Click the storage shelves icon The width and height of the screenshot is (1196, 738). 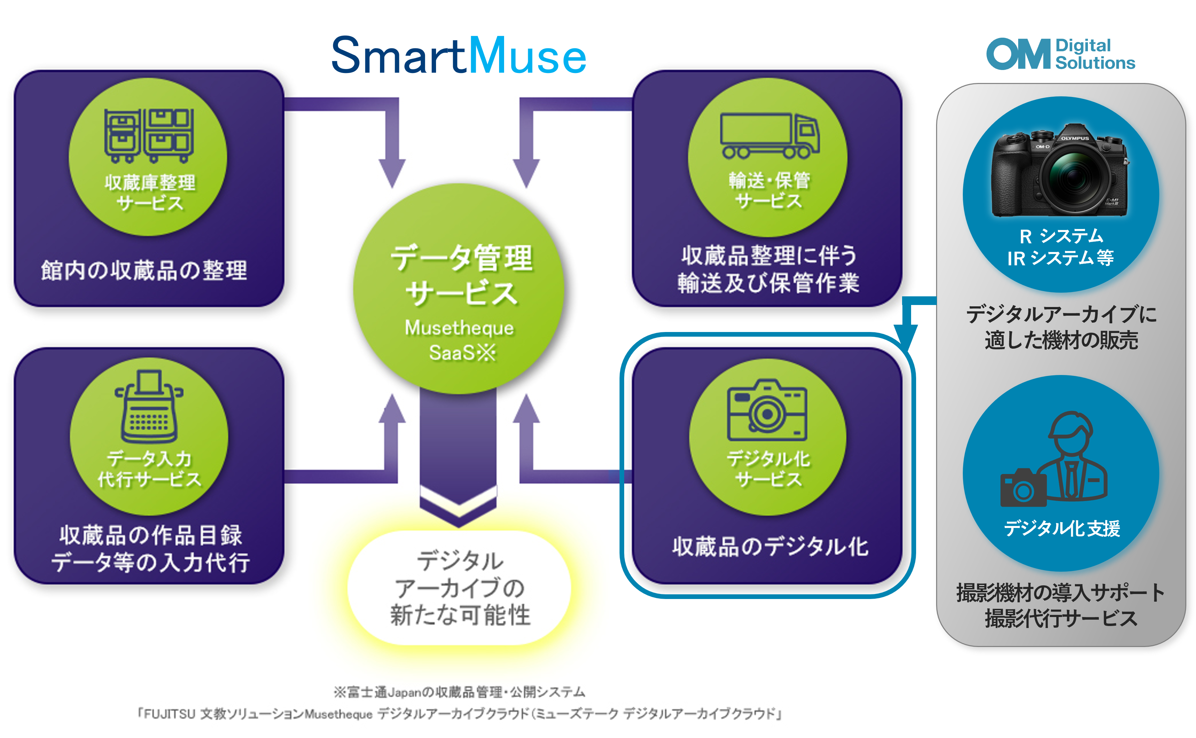point(148,136)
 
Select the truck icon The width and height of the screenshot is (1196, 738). point(769,136)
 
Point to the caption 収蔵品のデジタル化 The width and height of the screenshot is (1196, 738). point(770,547)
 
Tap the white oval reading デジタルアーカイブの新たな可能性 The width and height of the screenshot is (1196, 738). point(459,588)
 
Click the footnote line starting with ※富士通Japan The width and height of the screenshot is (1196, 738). point(459,692)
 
